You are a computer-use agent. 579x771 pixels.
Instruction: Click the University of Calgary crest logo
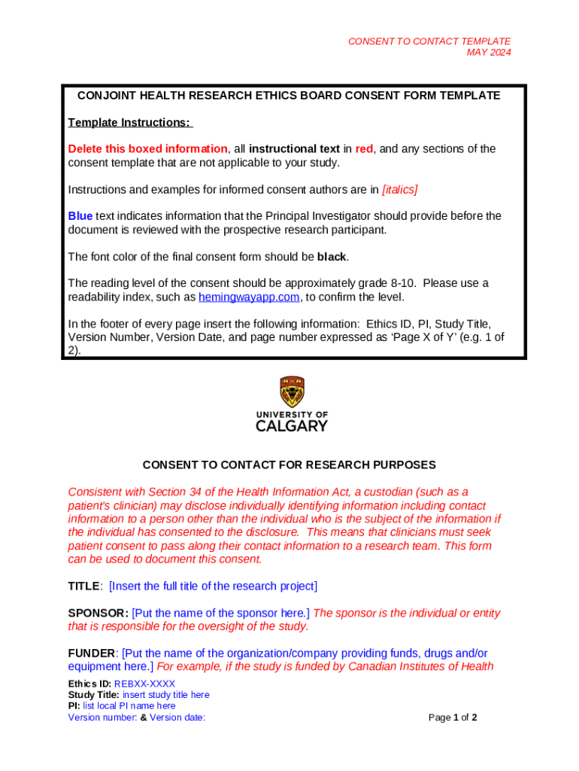click(x=293, y=392)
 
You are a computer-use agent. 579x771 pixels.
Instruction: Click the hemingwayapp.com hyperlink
click(x=249, y=297)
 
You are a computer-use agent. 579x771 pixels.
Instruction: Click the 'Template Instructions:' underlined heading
click(x=130, y=123)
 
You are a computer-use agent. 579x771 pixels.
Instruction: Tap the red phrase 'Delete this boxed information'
click(x=147, y=149)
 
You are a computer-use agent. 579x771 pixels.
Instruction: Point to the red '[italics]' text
click(x=399, y=190)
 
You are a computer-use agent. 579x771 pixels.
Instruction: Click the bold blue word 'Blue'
click(x=80, y=216)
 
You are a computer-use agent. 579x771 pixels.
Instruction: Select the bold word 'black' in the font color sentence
click(x=332, y=257)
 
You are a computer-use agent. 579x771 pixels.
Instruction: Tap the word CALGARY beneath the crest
click(x=292, y=426)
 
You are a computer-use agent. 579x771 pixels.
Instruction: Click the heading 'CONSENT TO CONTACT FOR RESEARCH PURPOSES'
click(x=289, y=465)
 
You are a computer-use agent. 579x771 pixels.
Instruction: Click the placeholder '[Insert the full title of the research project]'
click(x=214, y=586)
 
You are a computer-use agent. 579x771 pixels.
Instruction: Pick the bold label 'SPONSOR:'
click(x=98, y=613)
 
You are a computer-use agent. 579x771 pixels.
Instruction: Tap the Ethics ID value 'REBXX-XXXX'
click(x=144, y=684)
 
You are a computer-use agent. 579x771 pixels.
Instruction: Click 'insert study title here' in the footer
click(x=165, y=695)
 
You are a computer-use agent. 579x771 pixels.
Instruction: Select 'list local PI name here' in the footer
click(x=129, y=706)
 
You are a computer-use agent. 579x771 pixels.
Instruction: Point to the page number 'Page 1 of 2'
click(x=453, y=718)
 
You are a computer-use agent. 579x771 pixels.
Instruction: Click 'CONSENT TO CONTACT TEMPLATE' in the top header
click(x=429, y=41)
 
